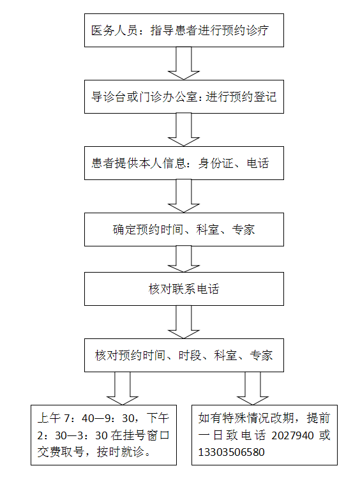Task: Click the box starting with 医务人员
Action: pos(184,31)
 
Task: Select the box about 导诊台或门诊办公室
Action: pos(184,97)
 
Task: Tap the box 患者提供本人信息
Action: pos(184,163)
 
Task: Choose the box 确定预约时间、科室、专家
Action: pos(184,230)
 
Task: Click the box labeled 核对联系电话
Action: pos(184,289)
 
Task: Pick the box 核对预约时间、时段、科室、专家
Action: pos(184,356)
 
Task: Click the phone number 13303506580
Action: pos(232,452)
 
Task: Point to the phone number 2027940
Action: pos(292,435)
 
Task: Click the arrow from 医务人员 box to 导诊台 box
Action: pos(184,63)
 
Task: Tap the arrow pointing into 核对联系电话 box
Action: pos(184,259)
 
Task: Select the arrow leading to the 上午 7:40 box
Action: pos(123,388)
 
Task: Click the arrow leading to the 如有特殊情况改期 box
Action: pos(253,388)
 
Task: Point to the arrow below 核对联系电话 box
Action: pos(184,322)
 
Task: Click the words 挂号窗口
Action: pos(140,435)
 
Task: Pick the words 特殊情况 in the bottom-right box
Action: pos(246,418)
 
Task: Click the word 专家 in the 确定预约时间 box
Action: pos(243,230)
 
